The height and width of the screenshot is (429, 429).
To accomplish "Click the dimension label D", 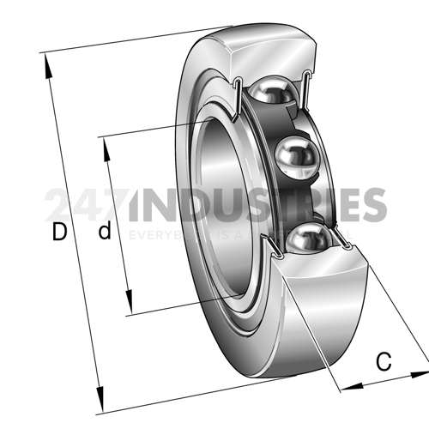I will tap(57, 232).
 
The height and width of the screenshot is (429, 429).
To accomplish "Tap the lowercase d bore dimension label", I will tap(105, 232).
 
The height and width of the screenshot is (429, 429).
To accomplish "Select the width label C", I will tap(384, 362).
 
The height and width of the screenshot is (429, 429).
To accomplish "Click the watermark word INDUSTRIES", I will tap(257, 206).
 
